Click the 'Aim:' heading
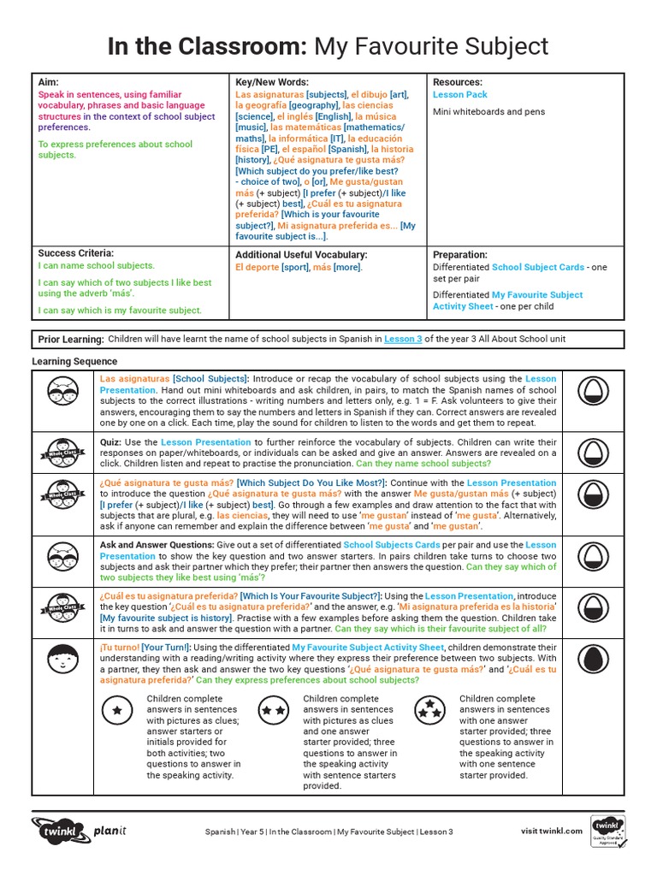click(x=48, y=82)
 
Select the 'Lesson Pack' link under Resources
click(x=460, y=95)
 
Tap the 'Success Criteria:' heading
click(x=76, y=253)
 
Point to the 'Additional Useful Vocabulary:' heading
click(x=301, y=255)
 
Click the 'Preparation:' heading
click(x=460, y=255)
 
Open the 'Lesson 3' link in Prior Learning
click(x=403, y=339)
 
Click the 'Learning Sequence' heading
click(x=74, y=362)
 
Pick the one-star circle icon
click(x=117, y=709)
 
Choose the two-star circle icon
click(x=274, y=709)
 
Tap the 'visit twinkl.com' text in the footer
click(x=552, y=831)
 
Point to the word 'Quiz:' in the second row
click(x=113, y=442)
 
